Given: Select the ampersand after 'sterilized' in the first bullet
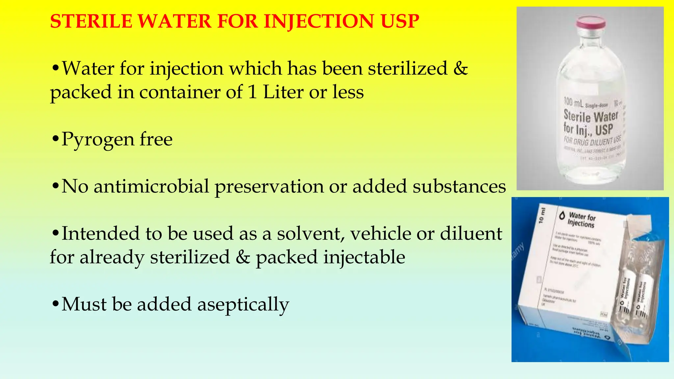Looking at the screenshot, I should tap(460, 68).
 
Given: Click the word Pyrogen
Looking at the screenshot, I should tap(97, 139).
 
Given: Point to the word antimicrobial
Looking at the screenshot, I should tap(151, 186).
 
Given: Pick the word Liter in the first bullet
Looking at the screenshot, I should tap(283, 92).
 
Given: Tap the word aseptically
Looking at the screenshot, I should tap(243, 304).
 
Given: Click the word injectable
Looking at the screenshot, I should tap(364, 257).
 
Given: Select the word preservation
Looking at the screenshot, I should tap(269, 187).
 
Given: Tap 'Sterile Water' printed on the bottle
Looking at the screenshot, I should tap(591, 116).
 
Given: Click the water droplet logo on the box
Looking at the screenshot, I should tap(562, 215).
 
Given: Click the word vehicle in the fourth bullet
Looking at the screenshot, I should tap(380, 234).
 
